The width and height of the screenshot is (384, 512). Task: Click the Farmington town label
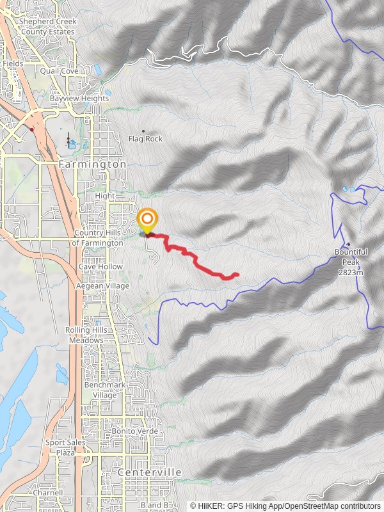(x=92, y=164)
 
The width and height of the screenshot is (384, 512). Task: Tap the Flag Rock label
(x=145, y=139)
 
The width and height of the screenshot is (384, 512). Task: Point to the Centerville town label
(x=150, y=472)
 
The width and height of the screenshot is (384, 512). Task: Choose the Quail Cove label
(x=60, y=71)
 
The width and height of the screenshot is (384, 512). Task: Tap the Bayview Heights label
(x=79, y=99)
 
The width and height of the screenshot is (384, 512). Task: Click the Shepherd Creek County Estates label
(x=48, y=26)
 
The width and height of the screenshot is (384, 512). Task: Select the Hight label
(x=104, y=196)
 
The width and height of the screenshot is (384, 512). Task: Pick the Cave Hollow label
(x=96, y=266)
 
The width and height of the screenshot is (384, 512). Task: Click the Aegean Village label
(x=102, y=285)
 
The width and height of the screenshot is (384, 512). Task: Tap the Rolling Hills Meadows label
(x=84, y=335)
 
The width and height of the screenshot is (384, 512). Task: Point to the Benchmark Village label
(x=100, y=390)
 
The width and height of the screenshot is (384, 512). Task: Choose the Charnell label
(x=49, y=493)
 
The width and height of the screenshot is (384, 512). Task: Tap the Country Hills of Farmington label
(x=98, y=238)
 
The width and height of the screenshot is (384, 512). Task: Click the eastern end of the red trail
(x=237, y=275)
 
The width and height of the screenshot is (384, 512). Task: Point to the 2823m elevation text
(x=351, y=272)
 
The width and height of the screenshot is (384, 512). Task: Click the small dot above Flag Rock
(x=143, y=131)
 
